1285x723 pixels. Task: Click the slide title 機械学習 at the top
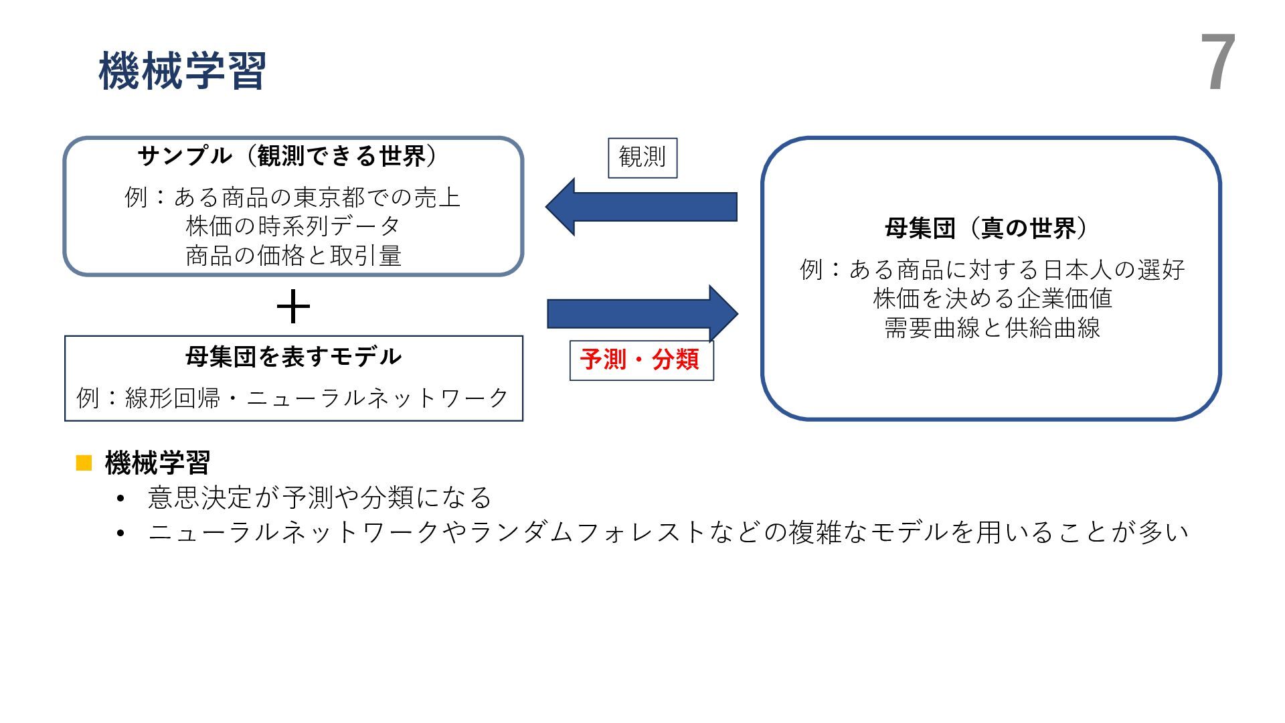(182, 71)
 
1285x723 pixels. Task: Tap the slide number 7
(1217, 64)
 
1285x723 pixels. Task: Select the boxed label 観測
(642, 158)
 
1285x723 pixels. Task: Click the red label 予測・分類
(640, 360)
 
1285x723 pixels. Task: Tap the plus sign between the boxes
(293, 308)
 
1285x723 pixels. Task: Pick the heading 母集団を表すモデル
(293, 357)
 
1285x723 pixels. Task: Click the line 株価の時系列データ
(293, 226)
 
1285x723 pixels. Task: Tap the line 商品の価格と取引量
(293, 256)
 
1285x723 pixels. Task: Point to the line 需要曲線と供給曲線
(992, 328)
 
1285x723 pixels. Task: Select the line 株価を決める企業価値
(992, 299)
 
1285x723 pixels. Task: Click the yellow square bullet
(84, 463)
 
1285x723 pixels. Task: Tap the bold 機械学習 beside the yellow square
(158, 463)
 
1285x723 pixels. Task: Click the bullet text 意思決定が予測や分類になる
(320, 497)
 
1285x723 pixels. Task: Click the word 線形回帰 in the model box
(172, 398)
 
